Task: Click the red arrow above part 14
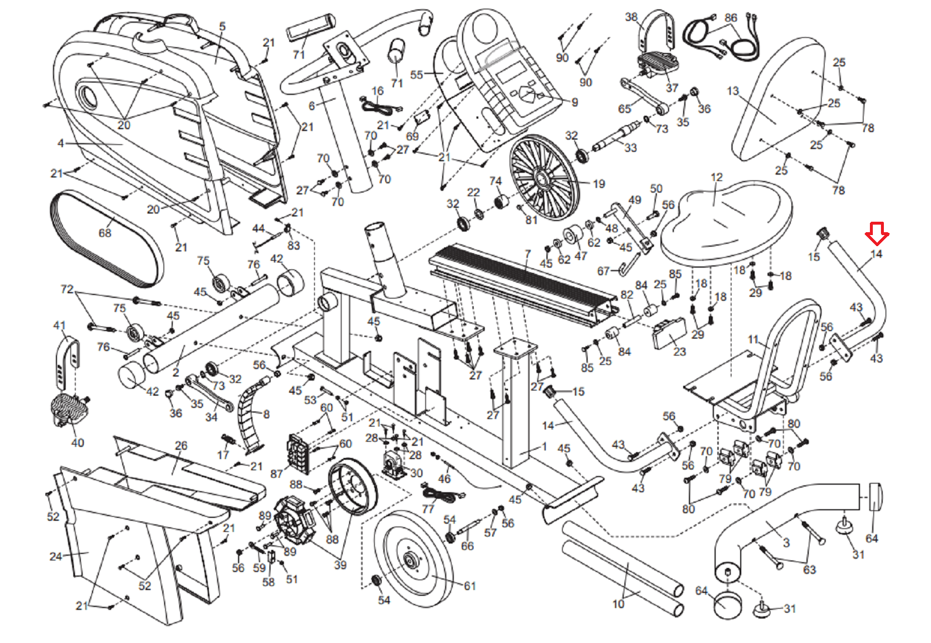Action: [876, 233]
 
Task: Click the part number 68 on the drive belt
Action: [105, 233]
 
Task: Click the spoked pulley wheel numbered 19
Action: [544, 177]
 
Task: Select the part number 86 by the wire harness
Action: [731, 17]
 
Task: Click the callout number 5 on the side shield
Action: [222, 26]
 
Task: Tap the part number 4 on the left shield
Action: [61, 143]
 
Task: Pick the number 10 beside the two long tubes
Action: [618, 604]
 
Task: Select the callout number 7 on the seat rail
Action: [527, 254]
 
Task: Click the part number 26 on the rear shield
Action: [181, 446]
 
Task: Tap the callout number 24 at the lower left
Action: [55, 556]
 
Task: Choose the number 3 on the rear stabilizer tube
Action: [786, 542]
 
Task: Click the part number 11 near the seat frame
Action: [754, 339]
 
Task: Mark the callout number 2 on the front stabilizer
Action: [176, 372]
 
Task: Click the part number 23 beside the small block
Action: [680, 351]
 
